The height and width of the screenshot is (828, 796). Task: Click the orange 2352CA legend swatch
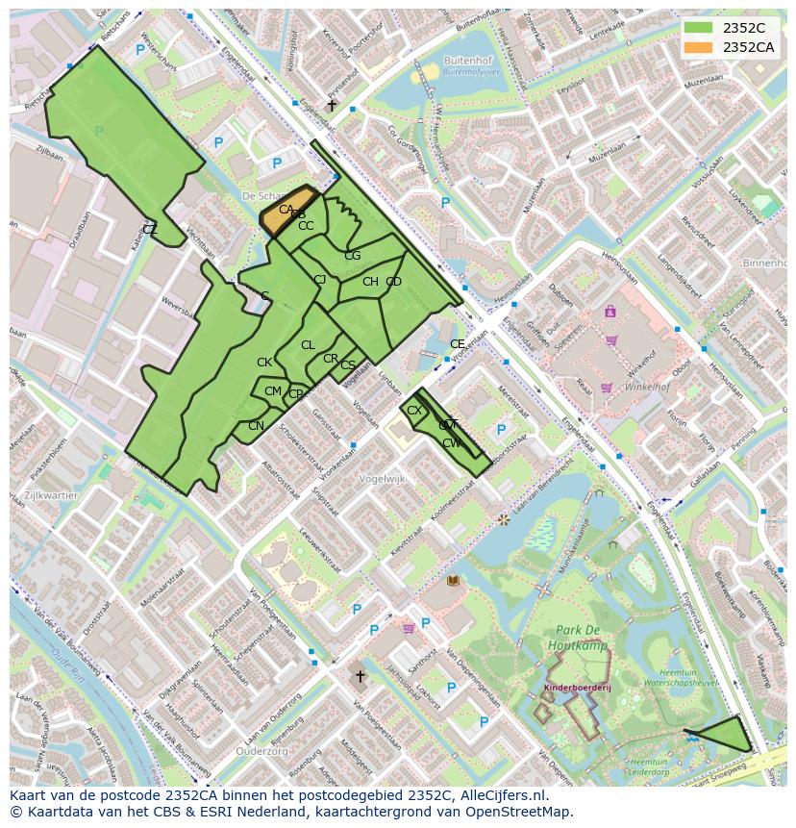(x=699, y=47)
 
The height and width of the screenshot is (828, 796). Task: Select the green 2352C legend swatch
(x=699, y=28)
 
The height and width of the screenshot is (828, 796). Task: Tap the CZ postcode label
(x=150, y=229)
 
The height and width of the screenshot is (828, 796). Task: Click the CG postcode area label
(x=352, y=256)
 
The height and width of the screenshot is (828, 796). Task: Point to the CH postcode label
(x=370, y=282)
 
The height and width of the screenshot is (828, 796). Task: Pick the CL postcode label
(x=308, y=345)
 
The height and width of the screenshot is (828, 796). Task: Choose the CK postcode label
(x=264, y=363)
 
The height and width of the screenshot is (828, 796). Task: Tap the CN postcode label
(x=256, y=425)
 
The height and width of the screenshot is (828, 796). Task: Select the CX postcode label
(x=414, y=411)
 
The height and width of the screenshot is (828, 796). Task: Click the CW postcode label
(x=451, y=443)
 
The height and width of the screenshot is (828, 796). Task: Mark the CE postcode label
(x=458, y=344)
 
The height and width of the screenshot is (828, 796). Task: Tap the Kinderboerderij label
(x=577, y=688)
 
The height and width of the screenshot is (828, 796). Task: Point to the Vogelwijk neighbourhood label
(x=382, y=478)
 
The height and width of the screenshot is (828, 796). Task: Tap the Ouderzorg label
(x=262, y=750)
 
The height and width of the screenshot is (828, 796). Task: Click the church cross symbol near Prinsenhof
(x=333, y=105)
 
